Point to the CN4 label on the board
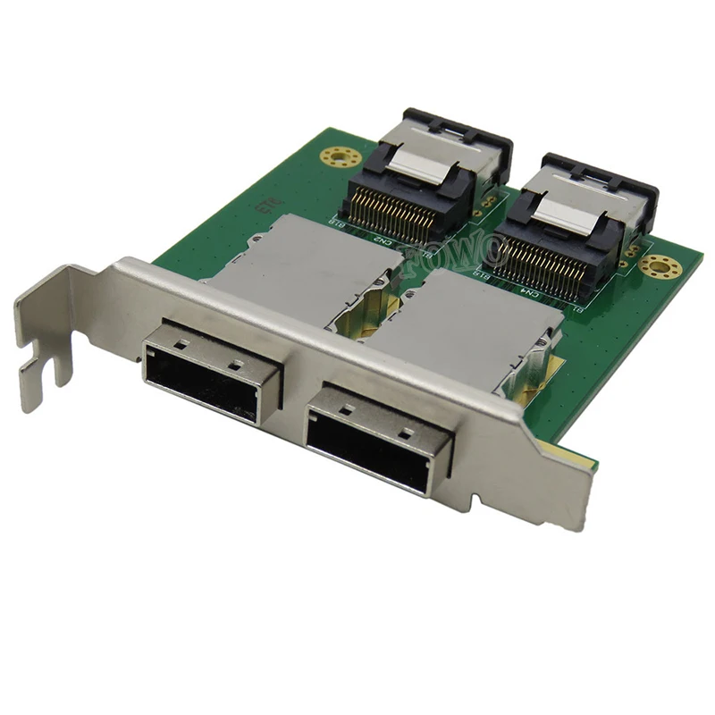pyautogui.click(x=529, y=292)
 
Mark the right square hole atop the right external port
pyautogui.click(x=404, y=433)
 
